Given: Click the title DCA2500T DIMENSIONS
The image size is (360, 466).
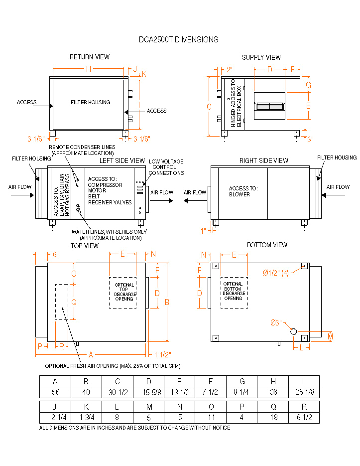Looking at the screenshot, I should [x=178, y=40].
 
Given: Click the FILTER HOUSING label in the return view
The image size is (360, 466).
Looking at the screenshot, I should [x=90, y=102].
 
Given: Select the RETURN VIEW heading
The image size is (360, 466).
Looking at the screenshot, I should [x=90, y=57].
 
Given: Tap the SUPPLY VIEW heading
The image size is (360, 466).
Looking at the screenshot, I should [x=261, y=57].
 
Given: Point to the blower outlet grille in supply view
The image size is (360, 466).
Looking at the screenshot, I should [x=269, y=106].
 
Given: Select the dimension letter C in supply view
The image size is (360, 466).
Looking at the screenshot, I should [x=209, y=106].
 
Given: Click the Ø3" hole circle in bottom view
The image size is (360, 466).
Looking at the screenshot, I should [x=293, y=331].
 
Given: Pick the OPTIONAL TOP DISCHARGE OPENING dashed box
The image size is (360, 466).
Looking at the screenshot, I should [x=122, y=292].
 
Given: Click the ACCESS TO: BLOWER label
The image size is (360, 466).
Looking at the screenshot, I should [x=243, y=191].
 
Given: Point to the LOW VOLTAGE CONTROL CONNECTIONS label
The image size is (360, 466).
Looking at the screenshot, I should [x=166, y=167].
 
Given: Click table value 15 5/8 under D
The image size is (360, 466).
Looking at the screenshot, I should [x=149, y=392].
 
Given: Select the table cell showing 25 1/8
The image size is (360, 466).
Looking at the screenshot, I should [x=304, y=392].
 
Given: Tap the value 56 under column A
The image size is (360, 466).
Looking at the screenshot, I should [x=55, y=392].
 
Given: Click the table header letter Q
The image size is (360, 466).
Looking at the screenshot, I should [x=273, y=406].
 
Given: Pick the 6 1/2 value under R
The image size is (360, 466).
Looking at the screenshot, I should [x=304, y=418].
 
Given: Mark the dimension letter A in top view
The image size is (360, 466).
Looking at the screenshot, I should [x=90, y=354].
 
